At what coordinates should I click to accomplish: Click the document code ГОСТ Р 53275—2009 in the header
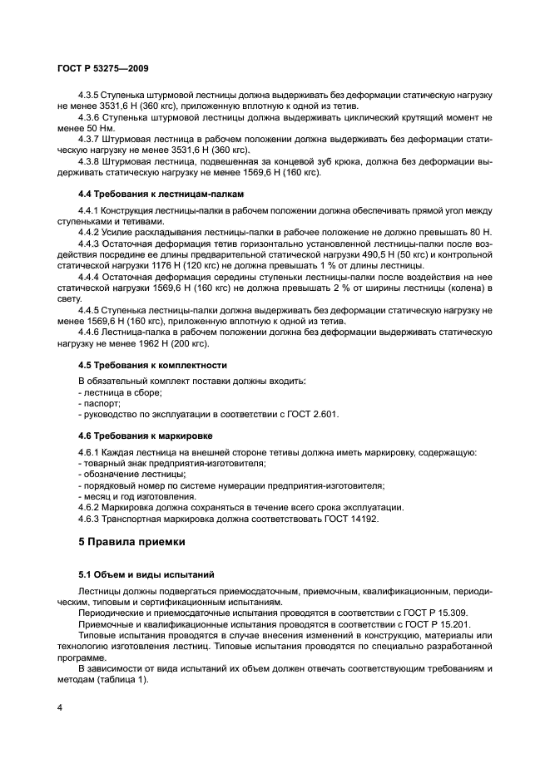102,69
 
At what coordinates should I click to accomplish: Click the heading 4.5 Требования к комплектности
141,365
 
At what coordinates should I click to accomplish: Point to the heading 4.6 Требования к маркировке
133,434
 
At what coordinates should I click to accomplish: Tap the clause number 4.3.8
90,161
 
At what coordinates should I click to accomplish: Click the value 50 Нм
95,129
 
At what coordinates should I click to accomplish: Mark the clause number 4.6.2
90,506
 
